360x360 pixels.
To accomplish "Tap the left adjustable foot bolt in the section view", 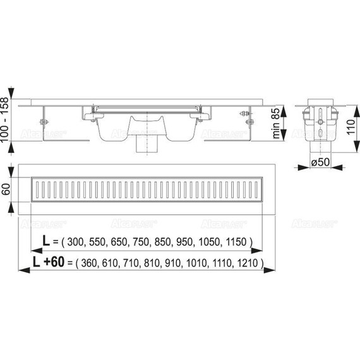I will (45, 124).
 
